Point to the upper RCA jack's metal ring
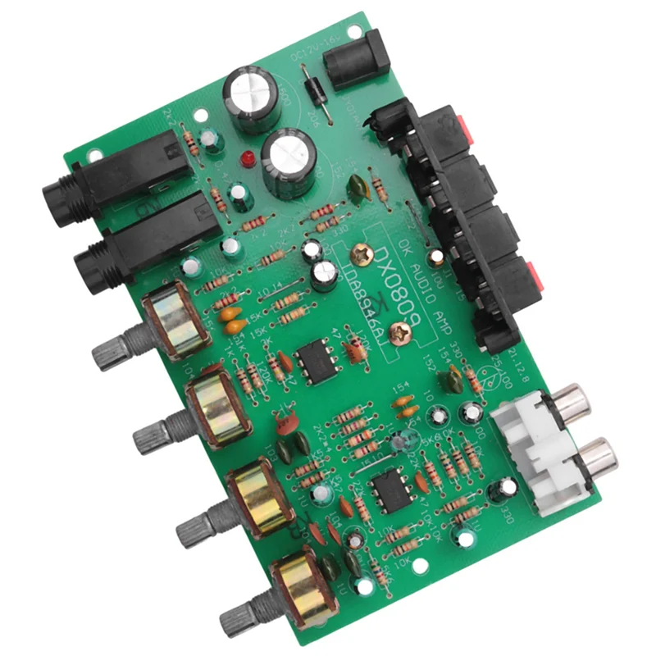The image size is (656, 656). pos(569,402)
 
